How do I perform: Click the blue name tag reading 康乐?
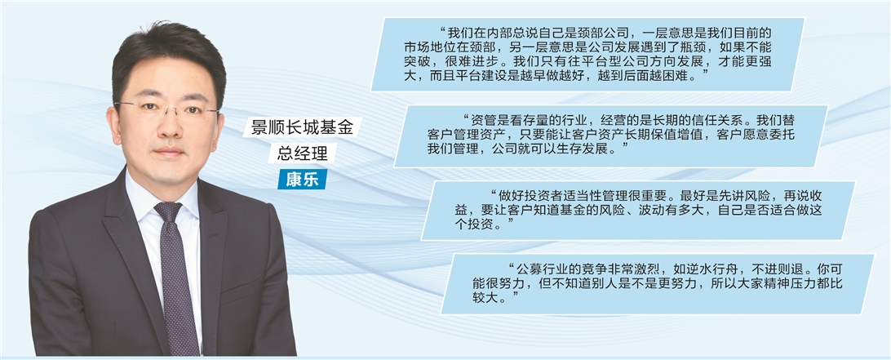302,179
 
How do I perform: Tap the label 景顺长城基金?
302,127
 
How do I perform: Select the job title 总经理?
302,153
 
